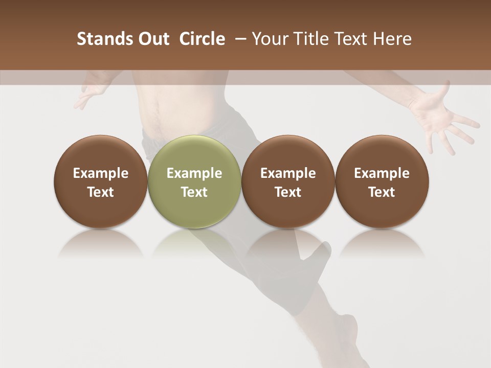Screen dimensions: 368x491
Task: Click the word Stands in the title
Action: point(100,39)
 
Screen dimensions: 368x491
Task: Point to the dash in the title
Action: point(239,39)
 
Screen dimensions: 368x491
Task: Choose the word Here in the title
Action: point(392,39)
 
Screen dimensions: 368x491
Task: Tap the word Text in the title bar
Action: point(350,39)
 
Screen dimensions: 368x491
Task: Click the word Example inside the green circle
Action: point(194,173)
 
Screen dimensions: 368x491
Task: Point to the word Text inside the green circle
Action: point(194,192)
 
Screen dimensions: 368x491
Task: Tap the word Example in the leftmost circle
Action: point(100,173)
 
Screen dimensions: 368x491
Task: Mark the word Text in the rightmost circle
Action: point(382,192)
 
